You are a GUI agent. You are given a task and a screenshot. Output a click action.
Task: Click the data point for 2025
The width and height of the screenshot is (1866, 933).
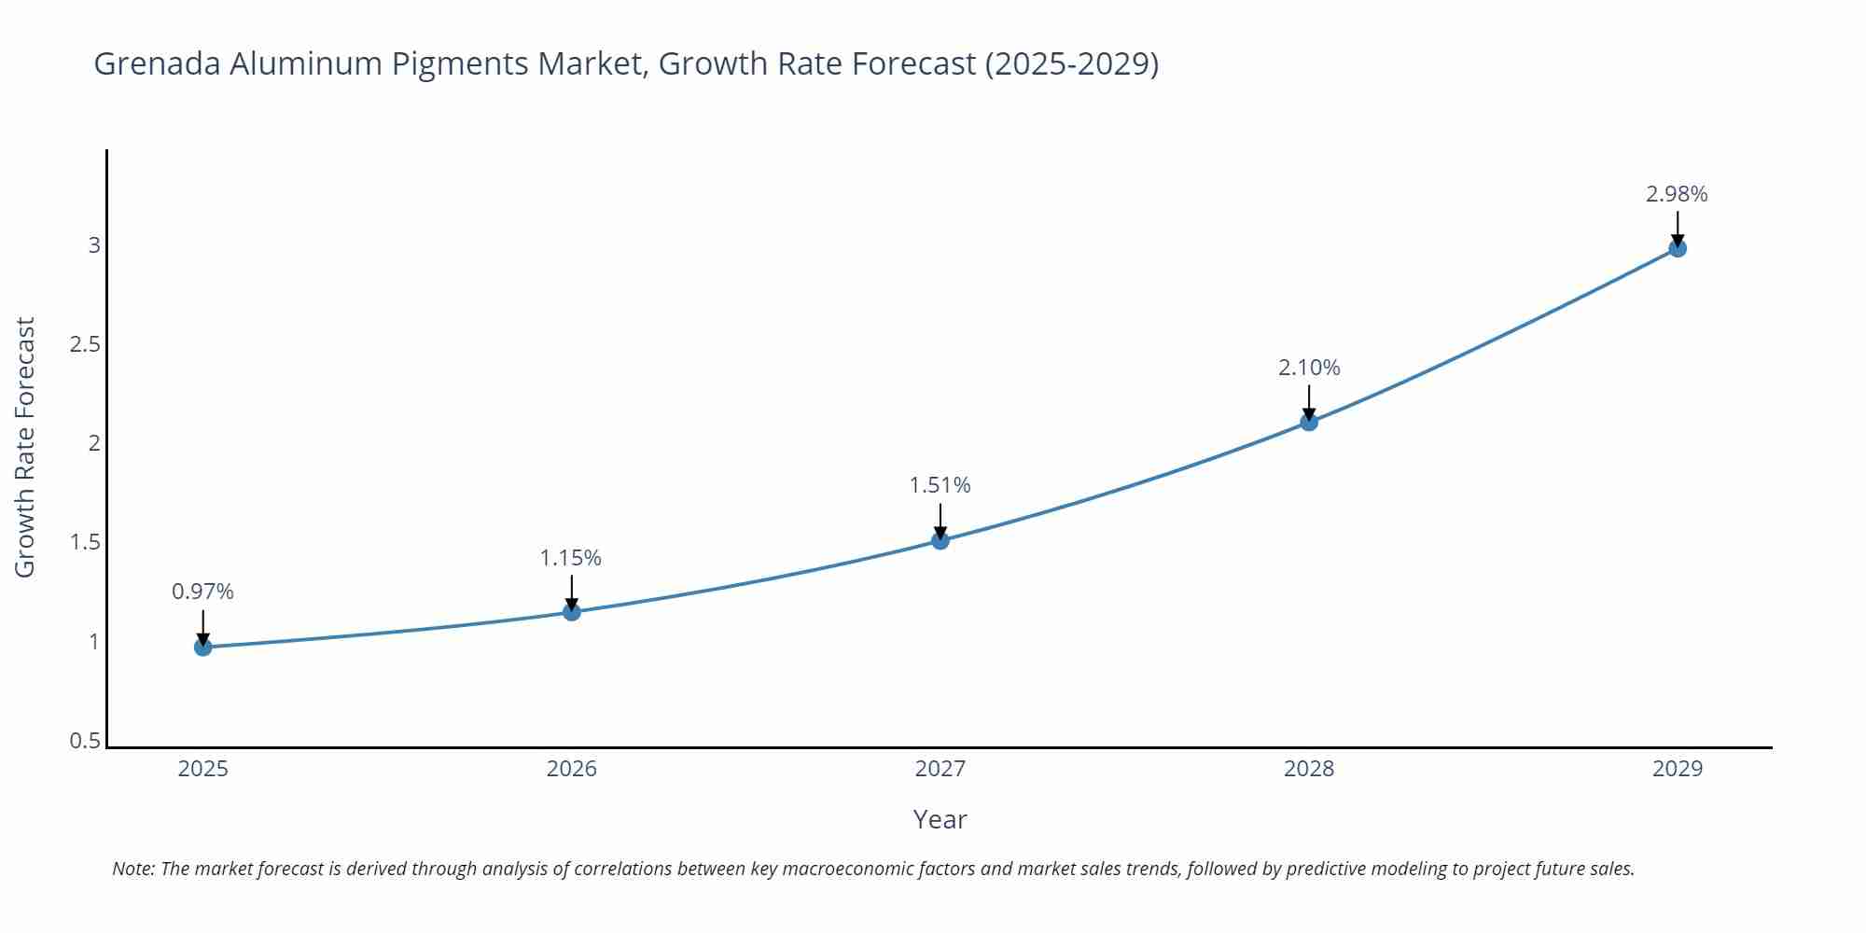tap(203, 647)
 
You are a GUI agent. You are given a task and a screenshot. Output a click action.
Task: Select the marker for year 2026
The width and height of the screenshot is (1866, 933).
tap(572, 612)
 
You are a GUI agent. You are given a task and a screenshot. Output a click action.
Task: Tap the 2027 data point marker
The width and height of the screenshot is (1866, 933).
tap(940, 540)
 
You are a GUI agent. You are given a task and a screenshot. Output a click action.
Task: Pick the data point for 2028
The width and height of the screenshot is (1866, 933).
tap(1309, 422)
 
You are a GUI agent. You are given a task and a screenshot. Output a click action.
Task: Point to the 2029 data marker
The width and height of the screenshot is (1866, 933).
tap(1678, 248)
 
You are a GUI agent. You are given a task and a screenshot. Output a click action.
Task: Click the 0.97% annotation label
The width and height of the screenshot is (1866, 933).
tap(203, 592)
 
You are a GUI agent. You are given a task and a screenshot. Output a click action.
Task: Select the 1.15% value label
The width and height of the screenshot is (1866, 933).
tap(571, 558)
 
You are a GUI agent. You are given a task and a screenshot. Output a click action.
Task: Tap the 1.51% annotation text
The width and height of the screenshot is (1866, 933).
tap(940, 485)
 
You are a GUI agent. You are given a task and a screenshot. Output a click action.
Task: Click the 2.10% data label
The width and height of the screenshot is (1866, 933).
tap(1309, 368)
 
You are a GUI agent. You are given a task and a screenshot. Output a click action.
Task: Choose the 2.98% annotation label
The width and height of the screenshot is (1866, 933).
tap(1677, 194)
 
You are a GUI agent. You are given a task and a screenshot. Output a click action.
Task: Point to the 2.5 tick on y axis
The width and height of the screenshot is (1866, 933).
tap(85, 344)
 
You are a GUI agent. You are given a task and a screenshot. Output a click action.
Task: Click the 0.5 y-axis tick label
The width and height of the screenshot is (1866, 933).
tap(85, 741)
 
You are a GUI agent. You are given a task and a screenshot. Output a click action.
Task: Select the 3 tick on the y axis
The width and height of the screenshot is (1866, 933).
tap(94, 245)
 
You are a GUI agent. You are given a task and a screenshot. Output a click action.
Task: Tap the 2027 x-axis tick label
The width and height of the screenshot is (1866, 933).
tap(940, 769)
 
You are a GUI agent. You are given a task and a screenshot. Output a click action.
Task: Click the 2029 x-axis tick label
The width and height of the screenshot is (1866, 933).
tap(1678, 769)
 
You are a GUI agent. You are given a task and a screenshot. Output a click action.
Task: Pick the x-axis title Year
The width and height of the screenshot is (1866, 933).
tap(940, 819)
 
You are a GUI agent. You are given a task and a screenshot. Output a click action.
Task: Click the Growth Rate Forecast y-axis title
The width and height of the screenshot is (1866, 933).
tap(25, 447)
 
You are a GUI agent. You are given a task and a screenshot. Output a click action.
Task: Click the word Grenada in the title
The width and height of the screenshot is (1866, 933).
tap(157, 63)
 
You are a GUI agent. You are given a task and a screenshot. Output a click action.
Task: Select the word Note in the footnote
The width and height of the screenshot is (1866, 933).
tap(133, 869)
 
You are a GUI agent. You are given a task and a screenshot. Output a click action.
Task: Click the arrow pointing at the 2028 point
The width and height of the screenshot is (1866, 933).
tap(1309, 402)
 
